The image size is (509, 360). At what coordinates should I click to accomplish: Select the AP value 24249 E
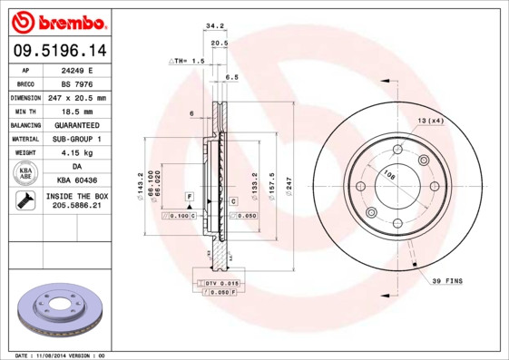click(77, 69)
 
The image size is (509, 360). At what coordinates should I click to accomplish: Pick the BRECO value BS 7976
click(77, 83)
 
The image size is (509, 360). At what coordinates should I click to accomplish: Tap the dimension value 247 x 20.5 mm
click(77, 97)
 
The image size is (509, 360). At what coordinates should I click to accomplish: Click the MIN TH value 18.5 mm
click(77, 111)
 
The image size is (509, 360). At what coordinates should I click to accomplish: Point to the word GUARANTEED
click(77, 124)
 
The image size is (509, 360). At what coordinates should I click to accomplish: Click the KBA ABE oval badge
click(25, 173)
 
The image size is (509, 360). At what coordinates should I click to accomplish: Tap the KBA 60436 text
click(77, 180)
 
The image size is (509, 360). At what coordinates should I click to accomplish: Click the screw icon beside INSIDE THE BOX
click(25, 200)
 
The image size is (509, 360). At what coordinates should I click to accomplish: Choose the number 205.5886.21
click(77, 207)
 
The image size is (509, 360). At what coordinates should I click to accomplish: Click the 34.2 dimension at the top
click(214, 27)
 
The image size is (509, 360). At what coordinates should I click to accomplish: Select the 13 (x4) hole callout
click(429, 120)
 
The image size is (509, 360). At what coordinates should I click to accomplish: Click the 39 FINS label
click(446, 281)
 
